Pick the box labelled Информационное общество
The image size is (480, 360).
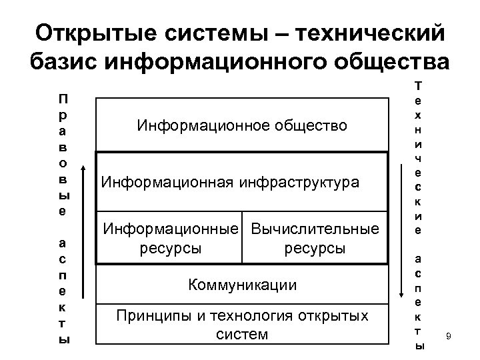pyautogui.click(x=242, y=125)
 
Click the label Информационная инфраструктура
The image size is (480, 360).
pyautogui.click(x=229, y=181)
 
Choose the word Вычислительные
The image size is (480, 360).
pyautogui.click(x=314, y=230)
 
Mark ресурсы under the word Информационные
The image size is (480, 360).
pyautogui.click(x=170, y=249)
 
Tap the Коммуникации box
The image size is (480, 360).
pyautogui.click(x=242, y=285)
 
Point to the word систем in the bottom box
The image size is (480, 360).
pyautogui.click(x=242, y=333)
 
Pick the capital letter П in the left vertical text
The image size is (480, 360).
pyautogui.click(x=62, y=99)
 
